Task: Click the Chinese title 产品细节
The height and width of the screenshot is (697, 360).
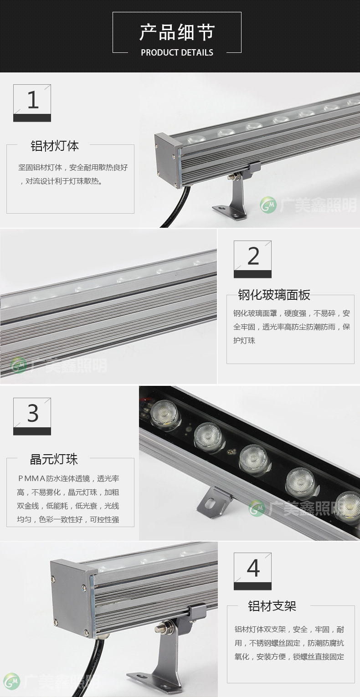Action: (177, 32)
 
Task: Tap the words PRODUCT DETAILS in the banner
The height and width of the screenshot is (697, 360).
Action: (177, 52)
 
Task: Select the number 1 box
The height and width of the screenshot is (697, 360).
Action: (32, 103)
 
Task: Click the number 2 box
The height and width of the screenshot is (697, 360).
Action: (252, 259)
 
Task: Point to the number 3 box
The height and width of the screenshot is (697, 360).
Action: (32, 416)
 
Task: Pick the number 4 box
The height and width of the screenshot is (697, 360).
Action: (252, 571)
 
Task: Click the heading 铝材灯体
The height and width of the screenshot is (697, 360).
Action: (55, 146)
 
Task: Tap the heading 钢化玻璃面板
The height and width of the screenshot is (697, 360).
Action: (274, 295)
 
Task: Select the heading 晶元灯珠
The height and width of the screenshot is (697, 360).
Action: (54, 459)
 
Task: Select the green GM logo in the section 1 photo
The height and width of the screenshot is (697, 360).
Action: (268, 205)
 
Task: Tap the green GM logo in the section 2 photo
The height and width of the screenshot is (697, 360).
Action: (19, 366)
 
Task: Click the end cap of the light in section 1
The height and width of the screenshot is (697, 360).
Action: (168, 160)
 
